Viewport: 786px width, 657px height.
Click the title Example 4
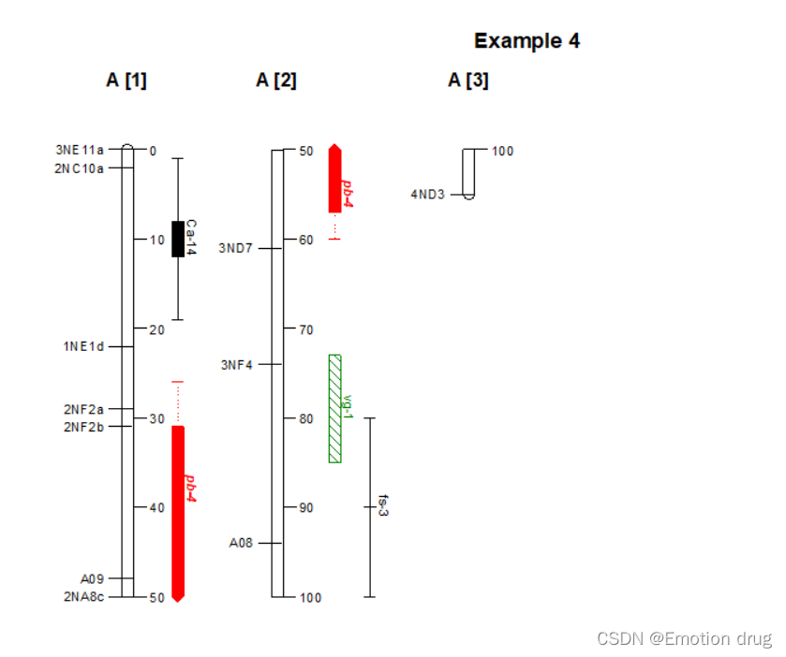(526, 41)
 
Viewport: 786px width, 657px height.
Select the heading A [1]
(126, 80)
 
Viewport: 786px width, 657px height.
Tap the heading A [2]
(276, 80)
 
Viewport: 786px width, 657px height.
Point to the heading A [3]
(467, 80)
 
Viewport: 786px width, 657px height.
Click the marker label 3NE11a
(80, 150)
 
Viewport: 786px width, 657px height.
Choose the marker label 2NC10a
(80, 168)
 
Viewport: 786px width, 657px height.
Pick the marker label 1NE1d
(84, 346)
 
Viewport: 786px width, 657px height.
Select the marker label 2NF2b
(84, 427)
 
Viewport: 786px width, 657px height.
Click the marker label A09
(93, 578)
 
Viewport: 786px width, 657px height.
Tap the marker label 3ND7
(235, 248)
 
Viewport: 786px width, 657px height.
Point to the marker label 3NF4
(237, 364)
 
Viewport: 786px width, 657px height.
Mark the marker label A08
(241, 543)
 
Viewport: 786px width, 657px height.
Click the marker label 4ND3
(427, 195)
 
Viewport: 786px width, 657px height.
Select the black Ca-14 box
(177, 239)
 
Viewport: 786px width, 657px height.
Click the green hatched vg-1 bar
(334, 408)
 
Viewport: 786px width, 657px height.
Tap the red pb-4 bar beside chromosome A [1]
(178, 510)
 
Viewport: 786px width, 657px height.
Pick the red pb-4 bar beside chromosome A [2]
(334, 179)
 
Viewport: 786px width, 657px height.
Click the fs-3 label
(382, 506)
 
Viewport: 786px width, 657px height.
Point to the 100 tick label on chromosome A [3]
(502, 151)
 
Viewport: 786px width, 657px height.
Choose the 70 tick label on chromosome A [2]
(305, 329)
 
